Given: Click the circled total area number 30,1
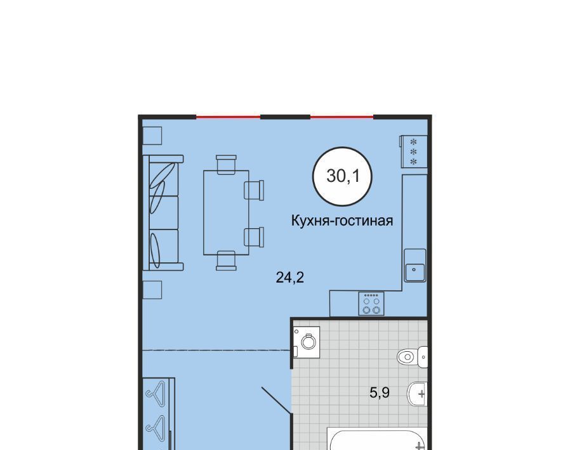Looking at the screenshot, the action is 343,176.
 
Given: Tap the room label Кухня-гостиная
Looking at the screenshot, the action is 342,221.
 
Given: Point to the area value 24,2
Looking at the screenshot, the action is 289,278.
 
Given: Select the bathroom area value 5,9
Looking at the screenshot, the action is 380,392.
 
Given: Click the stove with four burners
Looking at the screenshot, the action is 371,304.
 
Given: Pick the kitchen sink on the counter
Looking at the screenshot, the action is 414,266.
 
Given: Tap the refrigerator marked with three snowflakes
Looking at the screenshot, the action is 414,151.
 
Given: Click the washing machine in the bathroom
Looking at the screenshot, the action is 307,342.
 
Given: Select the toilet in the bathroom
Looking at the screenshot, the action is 412,357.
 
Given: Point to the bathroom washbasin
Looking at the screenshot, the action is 417,394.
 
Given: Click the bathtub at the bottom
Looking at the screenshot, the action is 376,439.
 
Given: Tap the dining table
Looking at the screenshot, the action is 226,213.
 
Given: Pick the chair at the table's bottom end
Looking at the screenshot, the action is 226,260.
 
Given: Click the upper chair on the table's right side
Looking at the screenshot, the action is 254,190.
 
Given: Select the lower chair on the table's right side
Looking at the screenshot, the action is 254,237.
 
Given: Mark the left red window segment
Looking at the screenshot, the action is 229,117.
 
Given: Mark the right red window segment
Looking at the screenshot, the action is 341,117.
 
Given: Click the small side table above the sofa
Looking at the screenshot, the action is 152,136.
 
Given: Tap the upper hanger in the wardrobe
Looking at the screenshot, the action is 156,391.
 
